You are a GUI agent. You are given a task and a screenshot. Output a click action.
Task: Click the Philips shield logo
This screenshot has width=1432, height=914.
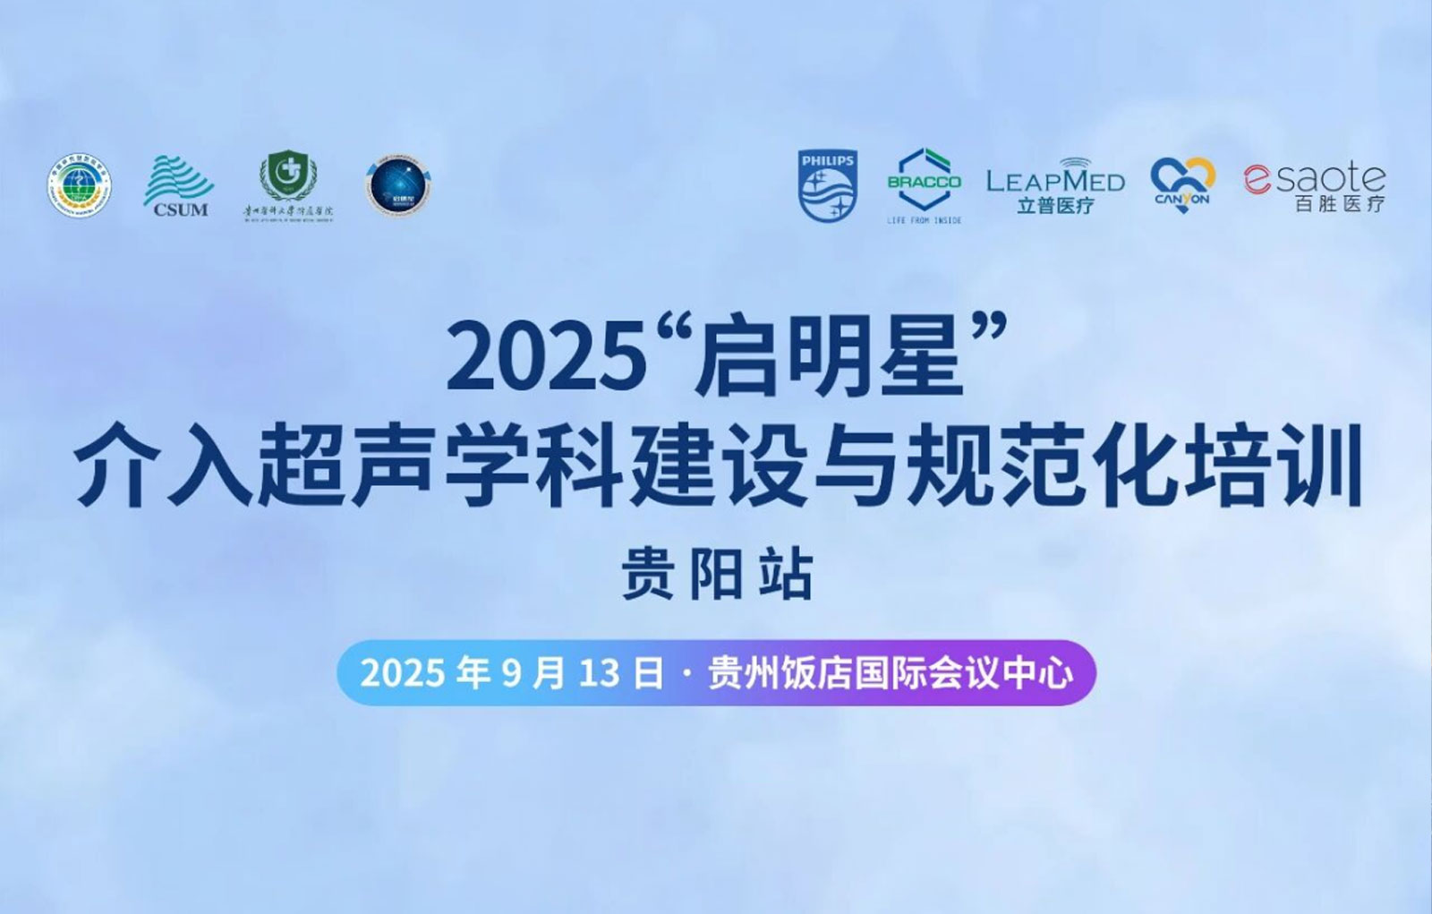827,186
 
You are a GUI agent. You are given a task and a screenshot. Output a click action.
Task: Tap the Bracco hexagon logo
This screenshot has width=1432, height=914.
924,180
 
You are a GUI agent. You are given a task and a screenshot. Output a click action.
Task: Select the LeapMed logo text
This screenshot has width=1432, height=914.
1055,180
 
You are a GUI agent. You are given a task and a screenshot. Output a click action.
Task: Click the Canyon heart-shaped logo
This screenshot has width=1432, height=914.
1181,184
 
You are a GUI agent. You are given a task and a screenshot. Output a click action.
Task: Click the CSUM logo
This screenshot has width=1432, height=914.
180,186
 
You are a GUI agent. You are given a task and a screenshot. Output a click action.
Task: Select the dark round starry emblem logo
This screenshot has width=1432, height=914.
398,186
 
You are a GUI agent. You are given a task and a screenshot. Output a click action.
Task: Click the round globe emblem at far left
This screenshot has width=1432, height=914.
80,187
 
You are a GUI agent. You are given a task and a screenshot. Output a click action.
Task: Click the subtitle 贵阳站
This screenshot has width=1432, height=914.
717,574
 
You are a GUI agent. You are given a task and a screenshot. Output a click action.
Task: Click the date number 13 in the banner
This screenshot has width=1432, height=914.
599,673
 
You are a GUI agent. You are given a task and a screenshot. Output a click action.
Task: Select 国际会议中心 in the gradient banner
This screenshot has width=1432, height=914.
963,673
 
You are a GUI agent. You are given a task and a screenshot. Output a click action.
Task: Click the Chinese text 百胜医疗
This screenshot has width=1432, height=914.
1339,204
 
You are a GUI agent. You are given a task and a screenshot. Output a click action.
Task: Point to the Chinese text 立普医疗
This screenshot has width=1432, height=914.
1055,206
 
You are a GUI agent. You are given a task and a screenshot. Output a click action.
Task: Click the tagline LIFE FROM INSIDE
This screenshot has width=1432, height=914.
924,220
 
